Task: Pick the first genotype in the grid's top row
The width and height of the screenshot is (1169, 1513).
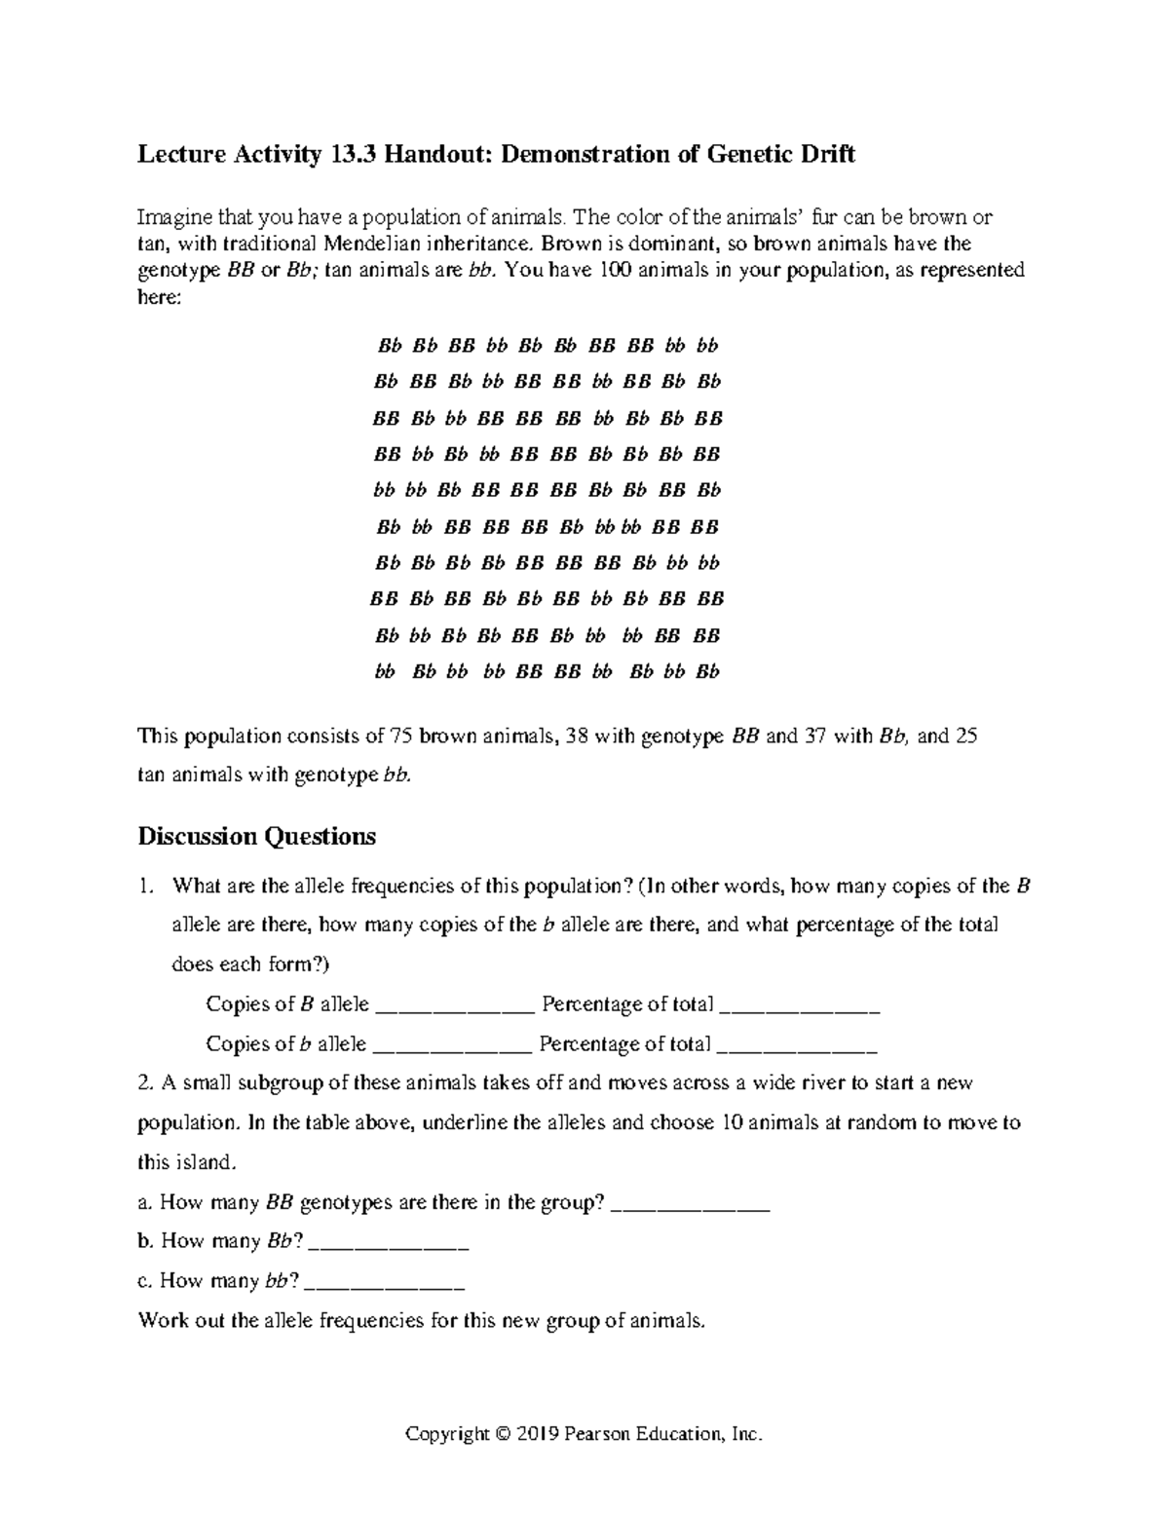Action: pos(389,346)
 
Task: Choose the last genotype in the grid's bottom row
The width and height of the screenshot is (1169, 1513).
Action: pos(707,672)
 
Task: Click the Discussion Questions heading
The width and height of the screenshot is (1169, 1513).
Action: pos(256,836)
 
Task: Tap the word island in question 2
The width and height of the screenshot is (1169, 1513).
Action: pos(210,1162)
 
